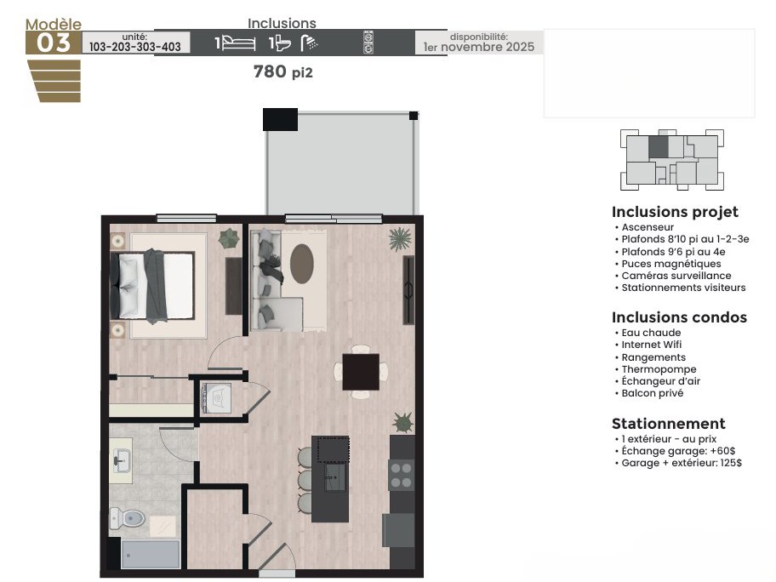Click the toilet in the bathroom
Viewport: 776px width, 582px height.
(x=127, y=518)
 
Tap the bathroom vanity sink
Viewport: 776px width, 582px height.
(x=121, y=460)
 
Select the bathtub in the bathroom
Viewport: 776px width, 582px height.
(x=151, y=554)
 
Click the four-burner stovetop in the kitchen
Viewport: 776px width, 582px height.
(x=402, y=475)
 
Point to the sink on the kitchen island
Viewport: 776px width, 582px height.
(x=335, y=477)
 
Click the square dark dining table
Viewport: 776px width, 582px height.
(x=361, y=372)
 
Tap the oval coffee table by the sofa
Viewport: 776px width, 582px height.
(x=302, y=264)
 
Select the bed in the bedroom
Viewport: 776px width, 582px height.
(x=152, y=286)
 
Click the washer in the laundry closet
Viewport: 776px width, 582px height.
(x=216, y=398)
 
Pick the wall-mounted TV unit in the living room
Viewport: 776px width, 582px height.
(x=408, y=290)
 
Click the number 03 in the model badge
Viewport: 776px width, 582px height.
(x=54, y=43)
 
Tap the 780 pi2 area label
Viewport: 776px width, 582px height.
(x=283, y=71)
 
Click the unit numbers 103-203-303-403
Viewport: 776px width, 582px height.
(x=135, y=47)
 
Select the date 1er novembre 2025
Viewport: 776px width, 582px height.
(x=478, y=47)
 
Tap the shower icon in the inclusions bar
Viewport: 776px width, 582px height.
(x=310, y=43)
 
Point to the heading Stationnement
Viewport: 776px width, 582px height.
(x=669, y=424)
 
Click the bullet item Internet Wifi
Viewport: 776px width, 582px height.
(x=651, y=345)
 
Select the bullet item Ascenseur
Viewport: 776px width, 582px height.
(x=648, y=227)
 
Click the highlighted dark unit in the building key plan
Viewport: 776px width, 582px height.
(x=659, y=147)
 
